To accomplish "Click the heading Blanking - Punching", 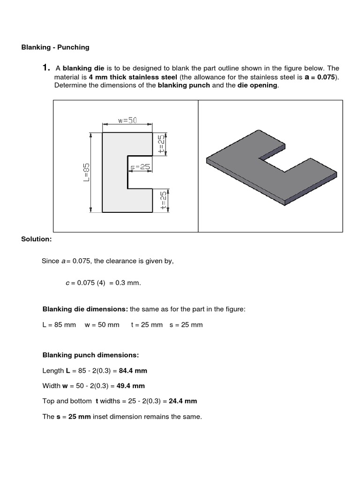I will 55,47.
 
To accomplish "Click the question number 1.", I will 46,68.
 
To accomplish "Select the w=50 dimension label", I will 127,120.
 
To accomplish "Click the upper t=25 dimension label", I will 161,144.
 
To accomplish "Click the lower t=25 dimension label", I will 163,201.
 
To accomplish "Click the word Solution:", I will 36,239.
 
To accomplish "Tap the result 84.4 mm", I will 133,370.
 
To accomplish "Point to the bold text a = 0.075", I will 320,77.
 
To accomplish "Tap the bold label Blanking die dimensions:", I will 85,309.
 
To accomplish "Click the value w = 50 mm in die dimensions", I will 102,324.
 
